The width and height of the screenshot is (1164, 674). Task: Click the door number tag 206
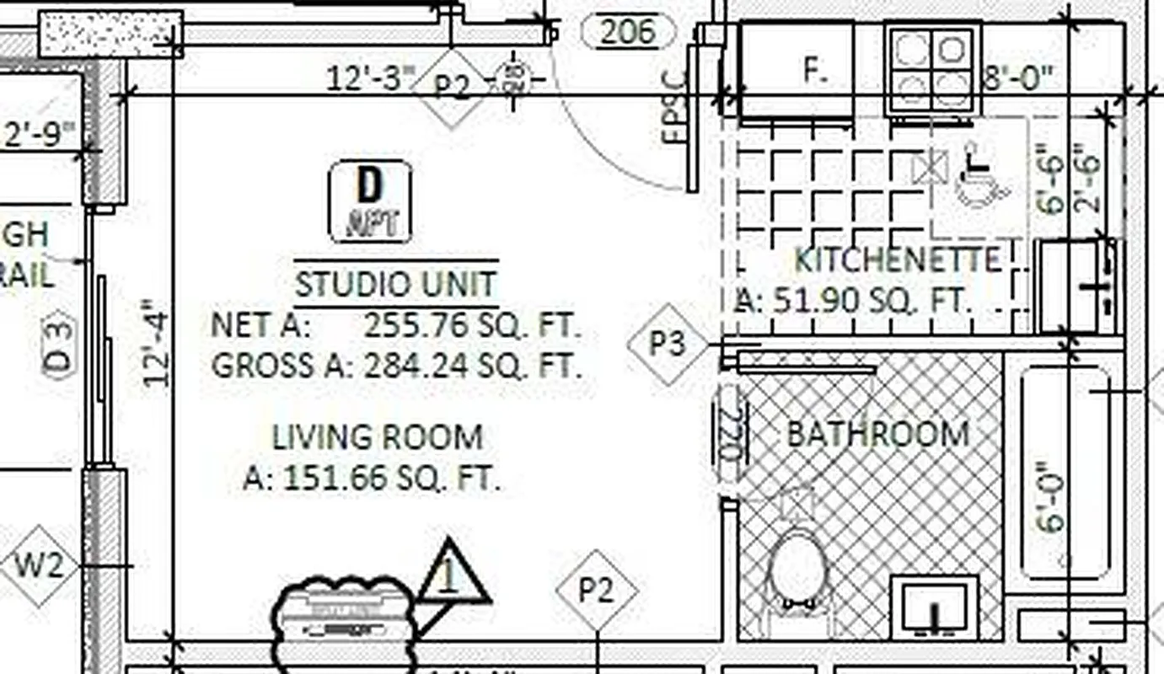point(629,32)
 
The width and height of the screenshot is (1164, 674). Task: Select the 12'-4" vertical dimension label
point(157,344)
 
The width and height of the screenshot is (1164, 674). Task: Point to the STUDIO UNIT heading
point(396,284)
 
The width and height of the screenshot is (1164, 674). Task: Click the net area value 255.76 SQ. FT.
point(472,325)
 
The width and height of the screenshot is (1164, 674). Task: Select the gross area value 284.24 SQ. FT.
point(472,366)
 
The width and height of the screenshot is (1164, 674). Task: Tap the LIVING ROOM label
point(377,437)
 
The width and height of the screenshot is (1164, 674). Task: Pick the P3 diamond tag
point(668,344)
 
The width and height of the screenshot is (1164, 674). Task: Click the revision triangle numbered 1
point(452,579)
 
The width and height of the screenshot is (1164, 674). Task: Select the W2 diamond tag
point(39,565)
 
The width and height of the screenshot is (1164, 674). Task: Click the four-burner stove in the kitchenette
point(931,69)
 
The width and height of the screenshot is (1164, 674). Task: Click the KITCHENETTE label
point(898,260)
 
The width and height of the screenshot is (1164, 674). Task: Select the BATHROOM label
point(877,434)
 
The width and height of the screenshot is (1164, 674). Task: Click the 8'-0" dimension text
point(1018,78)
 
